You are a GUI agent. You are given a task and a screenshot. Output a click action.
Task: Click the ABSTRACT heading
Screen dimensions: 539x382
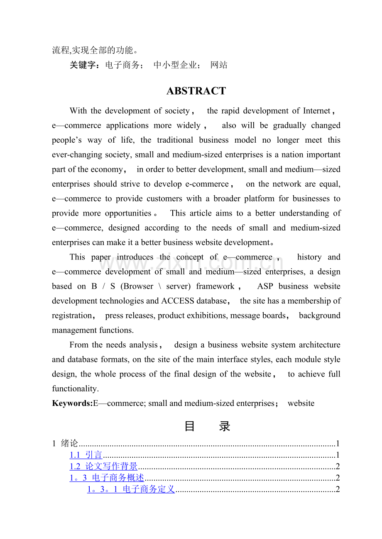tap(196, 91)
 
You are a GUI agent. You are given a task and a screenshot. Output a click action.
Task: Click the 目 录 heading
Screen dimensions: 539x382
tap(207, 426)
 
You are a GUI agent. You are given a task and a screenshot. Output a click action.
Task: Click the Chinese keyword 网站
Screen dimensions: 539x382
tap(219, 65)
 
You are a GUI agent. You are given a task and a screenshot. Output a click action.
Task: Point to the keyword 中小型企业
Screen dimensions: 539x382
tap(175, 65)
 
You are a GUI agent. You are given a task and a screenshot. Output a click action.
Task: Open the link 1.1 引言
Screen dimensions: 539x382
tap(86, 455)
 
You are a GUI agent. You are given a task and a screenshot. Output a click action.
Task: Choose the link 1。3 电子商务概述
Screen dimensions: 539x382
tap(107, 478)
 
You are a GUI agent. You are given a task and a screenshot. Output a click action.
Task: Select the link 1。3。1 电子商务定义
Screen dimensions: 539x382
tap(131, 489)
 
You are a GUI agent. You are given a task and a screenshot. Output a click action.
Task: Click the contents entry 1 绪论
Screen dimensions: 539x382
tap(66, 443)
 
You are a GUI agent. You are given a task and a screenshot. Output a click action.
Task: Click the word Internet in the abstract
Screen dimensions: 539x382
tap(316, 111)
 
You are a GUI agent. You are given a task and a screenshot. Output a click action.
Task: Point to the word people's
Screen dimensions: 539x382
tap(66, 140)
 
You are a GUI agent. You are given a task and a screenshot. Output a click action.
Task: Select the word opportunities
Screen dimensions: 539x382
tap(128, 213)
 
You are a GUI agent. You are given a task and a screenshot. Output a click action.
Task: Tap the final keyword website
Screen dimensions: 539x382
tap(301, 403)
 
